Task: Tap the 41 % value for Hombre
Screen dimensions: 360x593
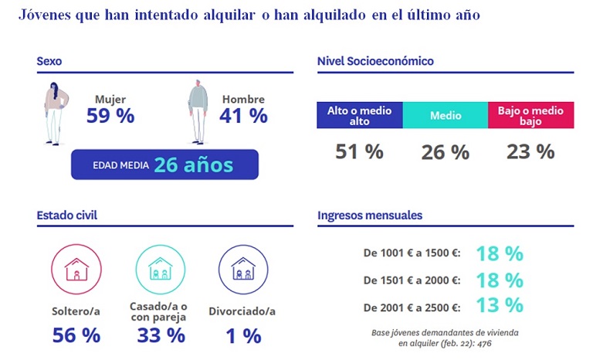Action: click(243, 116)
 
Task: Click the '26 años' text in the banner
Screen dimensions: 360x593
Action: click(193, 165)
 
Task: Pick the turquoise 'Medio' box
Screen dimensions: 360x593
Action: click(446, 116)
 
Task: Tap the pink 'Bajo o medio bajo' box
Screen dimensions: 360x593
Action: click(530, 115)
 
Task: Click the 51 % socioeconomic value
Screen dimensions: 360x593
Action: click(359, 151)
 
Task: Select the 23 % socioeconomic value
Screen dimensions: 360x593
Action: click(530, 151)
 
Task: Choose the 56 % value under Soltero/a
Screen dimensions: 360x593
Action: click(76, 335)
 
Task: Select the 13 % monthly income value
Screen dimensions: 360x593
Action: click(500, 305)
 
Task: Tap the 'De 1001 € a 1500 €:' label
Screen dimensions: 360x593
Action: click(412, 253)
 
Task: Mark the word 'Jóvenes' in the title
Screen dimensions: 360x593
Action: click(46, 15)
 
